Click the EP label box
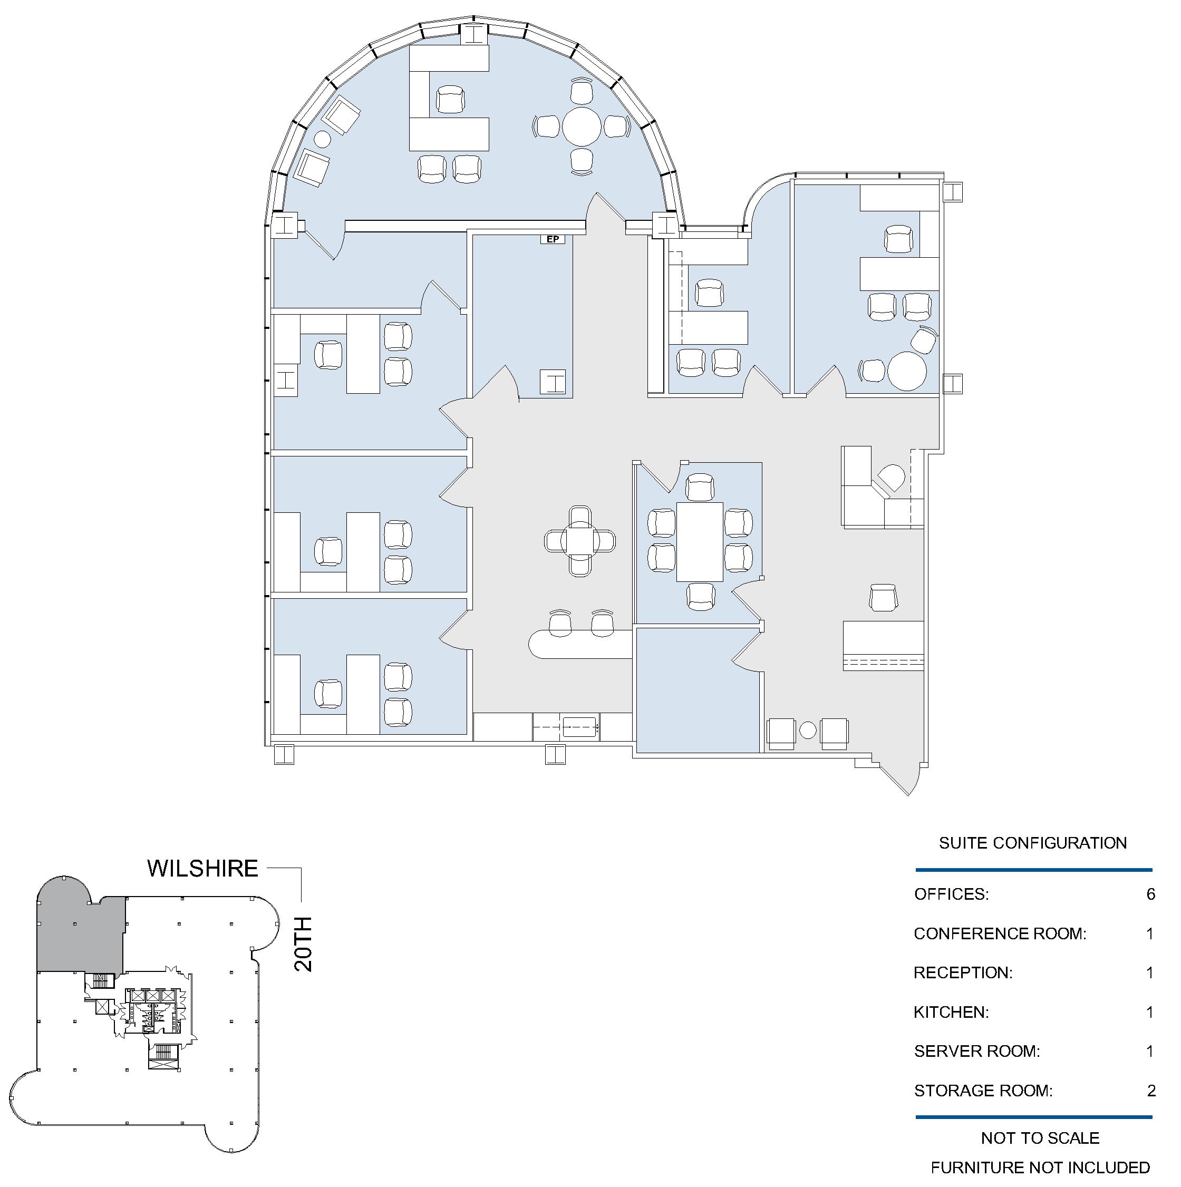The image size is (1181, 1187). click(553, 239)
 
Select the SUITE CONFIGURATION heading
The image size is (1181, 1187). click(1032, 843)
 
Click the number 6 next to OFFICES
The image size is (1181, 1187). click(1150, 894)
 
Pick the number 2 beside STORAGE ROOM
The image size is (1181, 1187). click(1151, 1091)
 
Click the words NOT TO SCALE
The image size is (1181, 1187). click(1040, 1138)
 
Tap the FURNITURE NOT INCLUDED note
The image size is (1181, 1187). click(1040, 1167)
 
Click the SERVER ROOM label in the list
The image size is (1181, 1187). click(976, 1051)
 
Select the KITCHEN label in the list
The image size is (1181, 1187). click(951, 1012)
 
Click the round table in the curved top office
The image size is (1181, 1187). click(582, 127)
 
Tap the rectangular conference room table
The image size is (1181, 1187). click(699, 541)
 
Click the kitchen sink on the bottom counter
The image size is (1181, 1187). click(580, 727)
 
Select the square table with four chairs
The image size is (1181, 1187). click(580, 541)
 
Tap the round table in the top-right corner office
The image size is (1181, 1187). click(906, 371)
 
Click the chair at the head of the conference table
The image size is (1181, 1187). click(700, 487)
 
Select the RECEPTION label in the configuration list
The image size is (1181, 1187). click(963, 972)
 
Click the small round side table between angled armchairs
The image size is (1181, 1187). click(322, 140)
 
